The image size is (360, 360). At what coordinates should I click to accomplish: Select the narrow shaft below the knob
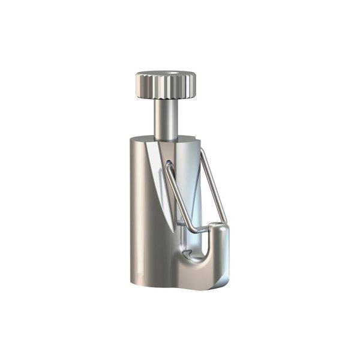click(164, 117)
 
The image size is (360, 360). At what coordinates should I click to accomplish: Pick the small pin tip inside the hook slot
click(187, 254)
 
